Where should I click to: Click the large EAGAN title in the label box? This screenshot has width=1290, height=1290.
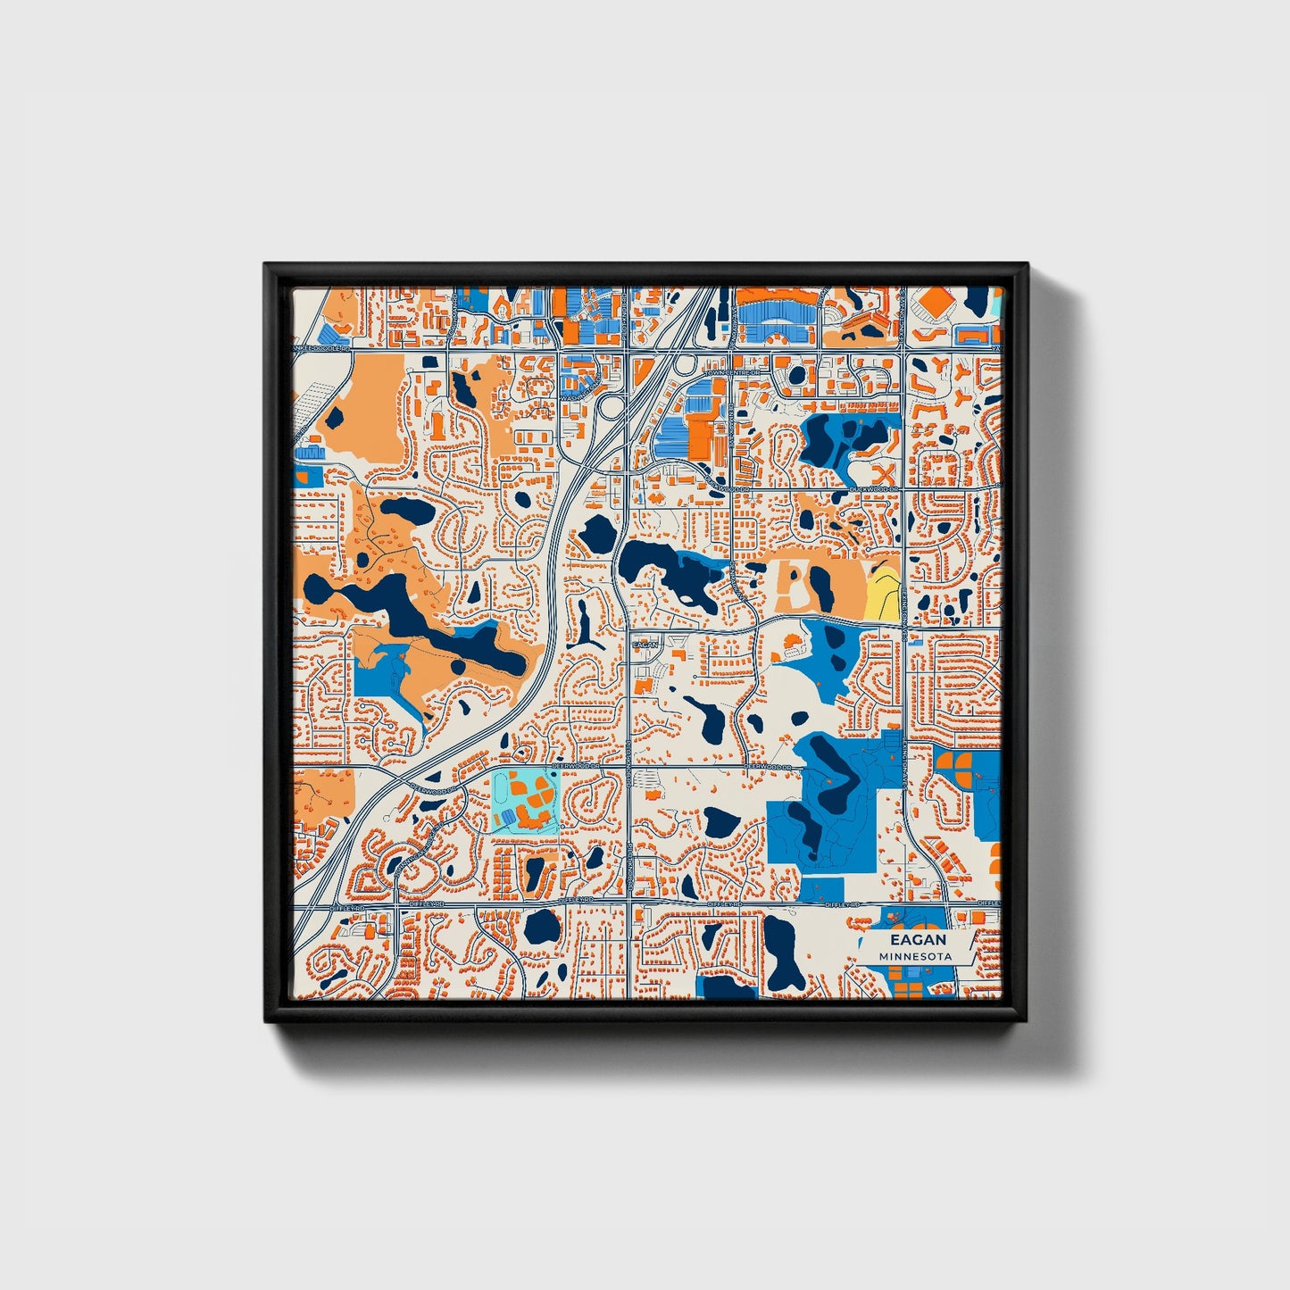(x=913, y=940)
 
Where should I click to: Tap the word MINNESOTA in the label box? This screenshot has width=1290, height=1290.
(x=913, y=956)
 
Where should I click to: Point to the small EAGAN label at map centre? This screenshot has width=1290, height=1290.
(x=644, y=644)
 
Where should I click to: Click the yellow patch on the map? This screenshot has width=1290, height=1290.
(x=882, y=591)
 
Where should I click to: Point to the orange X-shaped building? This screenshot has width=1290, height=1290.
(x=884, y=473)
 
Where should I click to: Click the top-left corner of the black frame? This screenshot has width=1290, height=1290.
(x=265, y=264)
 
